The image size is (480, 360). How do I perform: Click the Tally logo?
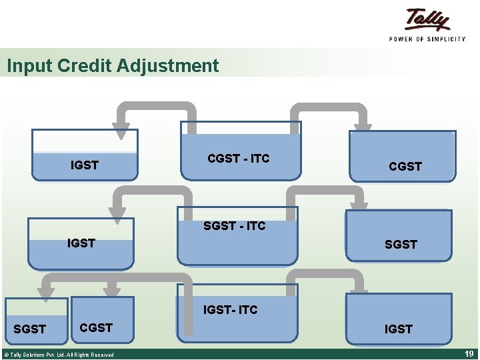(427, 19)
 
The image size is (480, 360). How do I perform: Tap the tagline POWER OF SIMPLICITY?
(427, 39)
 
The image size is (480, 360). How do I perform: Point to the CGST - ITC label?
(239, 158)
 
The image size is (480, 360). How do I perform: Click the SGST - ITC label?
(235, 226)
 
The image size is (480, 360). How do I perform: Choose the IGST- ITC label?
(230, 309)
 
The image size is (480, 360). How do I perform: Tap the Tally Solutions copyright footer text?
(59, 355)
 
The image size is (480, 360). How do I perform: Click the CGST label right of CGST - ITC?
(405, 167)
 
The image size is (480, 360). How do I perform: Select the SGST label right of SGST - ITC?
(401, 245)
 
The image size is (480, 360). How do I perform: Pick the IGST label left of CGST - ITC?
(85, 165)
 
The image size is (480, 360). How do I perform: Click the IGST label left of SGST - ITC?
(81, 243)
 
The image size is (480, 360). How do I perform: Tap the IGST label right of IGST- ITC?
(398, 329)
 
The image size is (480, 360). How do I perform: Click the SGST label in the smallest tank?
(30, 329)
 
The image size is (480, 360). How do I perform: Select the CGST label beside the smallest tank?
(96, 327)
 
